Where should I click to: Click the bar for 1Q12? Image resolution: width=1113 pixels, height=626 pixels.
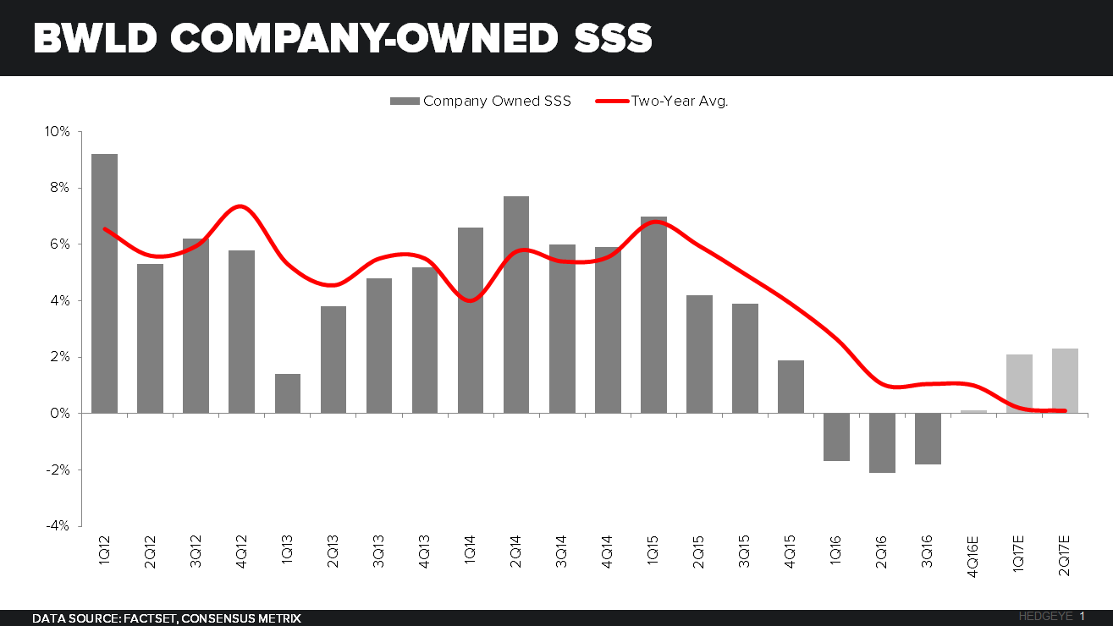point(105,283)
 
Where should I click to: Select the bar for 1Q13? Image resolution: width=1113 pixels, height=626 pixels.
point(288,393)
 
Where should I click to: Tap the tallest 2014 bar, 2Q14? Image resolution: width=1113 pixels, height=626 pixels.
point(516,305)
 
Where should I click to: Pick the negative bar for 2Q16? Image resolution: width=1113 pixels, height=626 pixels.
point(882,442)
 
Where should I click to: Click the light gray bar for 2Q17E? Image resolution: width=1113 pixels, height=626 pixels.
point(1065,381)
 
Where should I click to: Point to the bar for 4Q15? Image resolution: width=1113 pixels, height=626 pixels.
point(791,387)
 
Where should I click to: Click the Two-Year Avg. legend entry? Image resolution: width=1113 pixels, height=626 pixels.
point(679,102)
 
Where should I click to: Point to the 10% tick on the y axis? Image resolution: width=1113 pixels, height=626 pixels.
point(58,132)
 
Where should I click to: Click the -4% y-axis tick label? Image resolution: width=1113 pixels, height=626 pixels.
point(58,526)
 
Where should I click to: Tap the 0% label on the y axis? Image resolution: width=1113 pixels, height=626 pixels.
point(60,414)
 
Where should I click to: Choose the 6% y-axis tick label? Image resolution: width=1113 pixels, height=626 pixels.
point(60,244)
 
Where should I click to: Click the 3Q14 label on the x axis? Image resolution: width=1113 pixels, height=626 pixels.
point(562,554)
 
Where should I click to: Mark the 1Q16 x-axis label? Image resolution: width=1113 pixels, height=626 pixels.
point(836,554)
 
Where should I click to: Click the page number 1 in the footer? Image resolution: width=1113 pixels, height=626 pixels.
point(1083,617)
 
